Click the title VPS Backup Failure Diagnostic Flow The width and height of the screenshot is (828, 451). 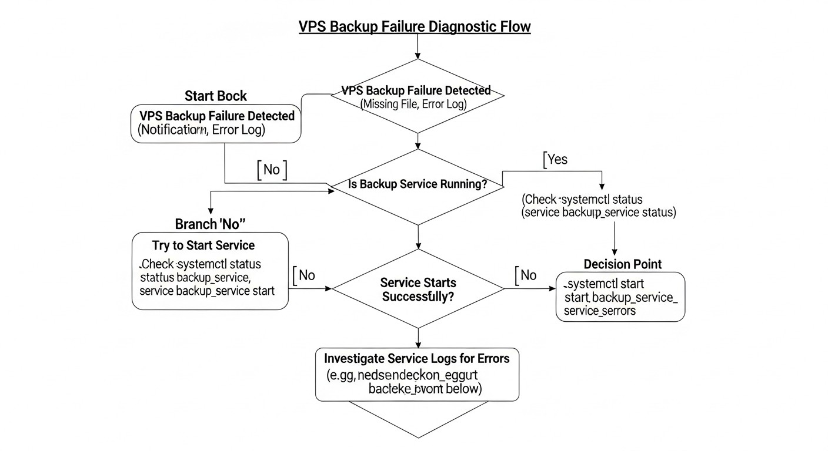tap(415, 27)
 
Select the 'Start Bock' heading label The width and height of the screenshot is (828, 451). tap(216, 96)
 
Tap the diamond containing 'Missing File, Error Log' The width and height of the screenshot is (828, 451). tap(418, 97)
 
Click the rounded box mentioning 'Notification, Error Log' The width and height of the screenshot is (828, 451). tap(216, 123)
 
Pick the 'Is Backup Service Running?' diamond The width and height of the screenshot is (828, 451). tap(418, 184)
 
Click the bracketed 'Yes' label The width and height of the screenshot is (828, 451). tap(556, 159)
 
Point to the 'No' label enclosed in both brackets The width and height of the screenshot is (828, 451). tap(272, 170)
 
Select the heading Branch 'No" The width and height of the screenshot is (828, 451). tap(210, 224)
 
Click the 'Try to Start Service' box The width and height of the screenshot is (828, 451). tap(210, 270)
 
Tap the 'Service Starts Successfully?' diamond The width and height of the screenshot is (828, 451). tap(418, 289)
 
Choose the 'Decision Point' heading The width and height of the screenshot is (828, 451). tap(622, 264)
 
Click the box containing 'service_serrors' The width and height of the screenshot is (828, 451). tap(620, 297)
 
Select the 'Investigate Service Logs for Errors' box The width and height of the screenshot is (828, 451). tap(418, 373)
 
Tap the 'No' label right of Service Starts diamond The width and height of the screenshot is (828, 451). tap(527, 275)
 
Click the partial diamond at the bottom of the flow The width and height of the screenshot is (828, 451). tap(418, 419)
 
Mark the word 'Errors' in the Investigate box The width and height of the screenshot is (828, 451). tap(493, 358)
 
